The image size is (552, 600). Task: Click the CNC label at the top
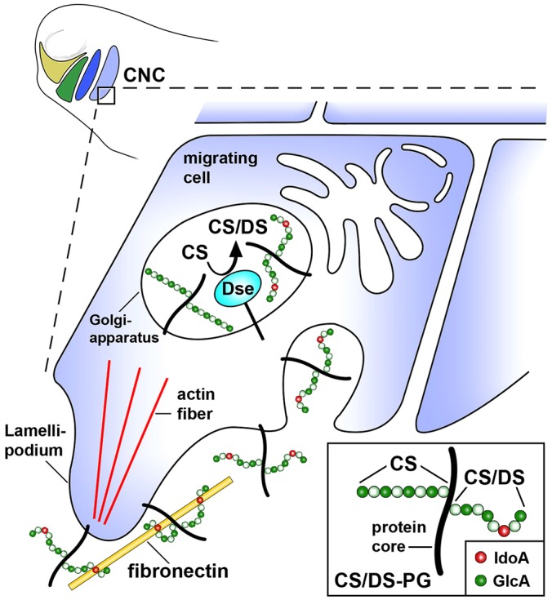pyautogui.click(x=149, y=79)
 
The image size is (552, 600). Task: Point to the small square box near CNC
pyautogui.click(x=106, y=96)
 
